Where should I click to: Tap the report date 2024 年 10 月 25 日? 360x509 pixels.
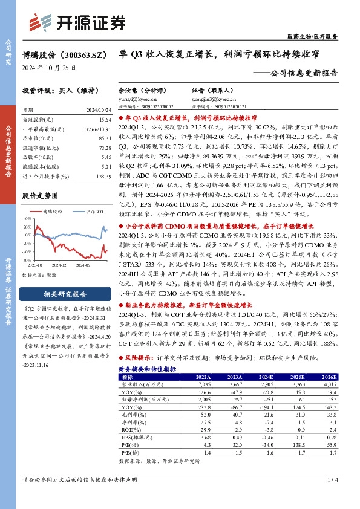[50, 68]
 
